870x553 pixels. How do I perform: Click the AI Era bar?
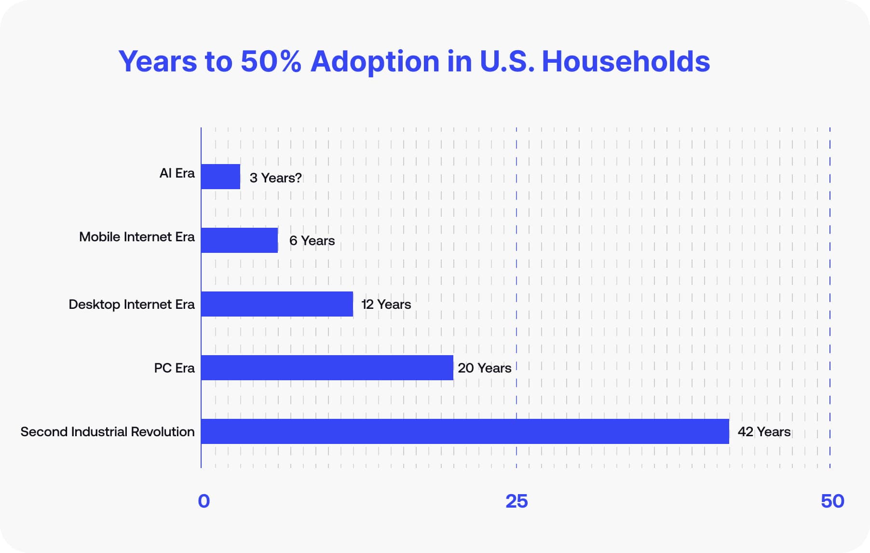click(220, 177)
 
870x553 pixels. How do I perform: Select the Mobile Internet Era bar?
click(239, 240)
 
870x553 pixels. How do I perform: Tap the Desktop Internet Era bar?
click(277, 304)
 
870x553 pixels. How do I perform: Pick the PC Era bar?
click(327, 368)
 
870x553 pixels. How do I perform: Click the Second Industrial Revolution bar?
click(465, 431)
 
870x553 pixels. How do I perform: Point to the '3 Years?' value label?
click(275, 178)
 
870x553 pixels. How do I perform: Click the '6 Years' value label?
click(312, 241)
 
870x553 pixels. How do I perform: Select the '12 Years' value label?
click(386, 304)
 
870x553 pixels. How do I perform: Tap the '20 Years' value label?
click(484, 368)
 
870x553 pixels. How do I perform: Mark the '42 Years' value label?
click(764, 432)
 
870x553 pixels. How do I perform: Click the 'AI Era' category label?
click(177, 173)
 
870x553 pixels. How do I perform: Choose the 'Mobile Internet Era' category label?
click(137, 237)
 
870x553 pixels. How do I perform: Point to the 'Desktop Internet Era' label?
click(132, 304)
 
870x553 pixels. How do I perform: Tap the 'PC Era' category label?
click(174, 368)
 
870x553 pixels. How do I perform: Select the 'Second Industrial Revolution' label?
click(108, 432)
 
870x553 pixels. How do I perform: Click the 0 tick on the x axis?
click(204, 501)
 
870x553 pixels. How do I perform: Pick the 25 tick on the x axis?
click(517, 501)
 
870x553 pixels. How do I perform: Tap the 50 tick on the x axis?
click(832, 501)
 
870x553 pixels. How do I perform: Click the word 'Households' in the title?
click(625, 61)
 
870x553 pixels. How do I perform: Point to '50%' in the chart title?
click(271, 61)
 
